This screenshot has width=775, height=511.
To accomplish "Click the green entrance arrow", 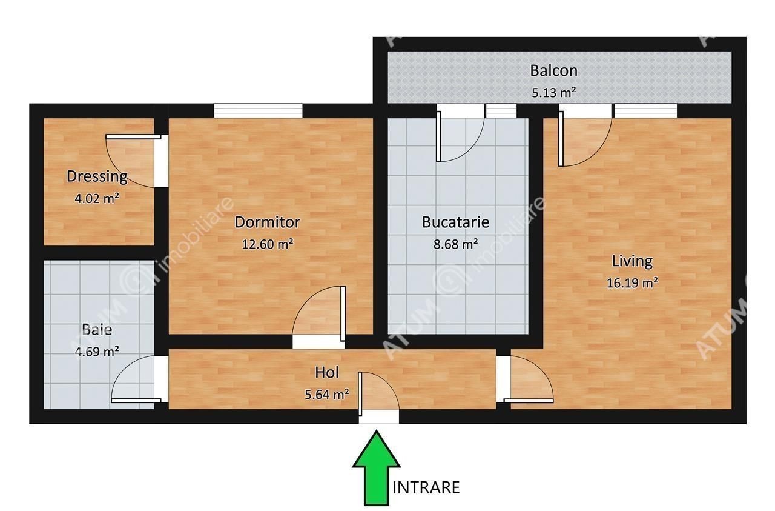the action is (376, 468).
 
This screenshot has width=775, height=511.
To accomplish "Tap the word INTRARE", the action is (426, 488).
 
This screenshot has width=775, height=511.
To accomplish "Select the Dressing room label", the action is (97, 176).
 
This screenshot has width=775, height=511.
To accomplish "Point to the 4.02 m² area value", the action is (97, 198).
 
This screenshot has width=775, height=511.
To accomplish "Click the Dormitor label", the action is (268, 222).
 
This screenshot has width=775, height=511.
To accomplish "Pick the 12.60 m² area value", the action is (268, 244).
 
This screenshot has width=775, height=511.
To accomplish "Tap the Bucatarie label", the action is (456, 222).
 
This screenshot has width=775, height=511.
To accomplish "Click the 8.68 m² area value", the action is (456, 244).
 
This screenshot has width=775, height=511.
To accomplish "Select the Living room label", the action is (632, 262).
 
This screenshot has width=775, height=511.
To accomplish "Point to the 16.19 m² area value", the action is (632, 283).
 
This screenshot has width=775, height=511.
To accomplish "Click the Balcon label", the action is (553, 71).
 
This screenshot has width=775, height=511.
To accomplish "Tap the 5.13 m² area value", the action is (553, 93).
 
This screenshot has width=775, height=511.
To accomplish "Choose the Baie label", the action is (97, 330).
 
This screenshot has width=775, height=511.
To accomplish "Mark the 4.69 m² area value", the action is (97, 352).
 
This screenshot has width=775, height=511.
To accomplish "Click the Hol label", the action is (326, 372).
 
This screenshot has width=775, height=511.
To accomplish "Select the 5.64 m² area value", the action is (326, 395).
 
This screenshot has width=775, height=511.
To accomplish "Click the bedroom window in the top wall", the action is (258, 111).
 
